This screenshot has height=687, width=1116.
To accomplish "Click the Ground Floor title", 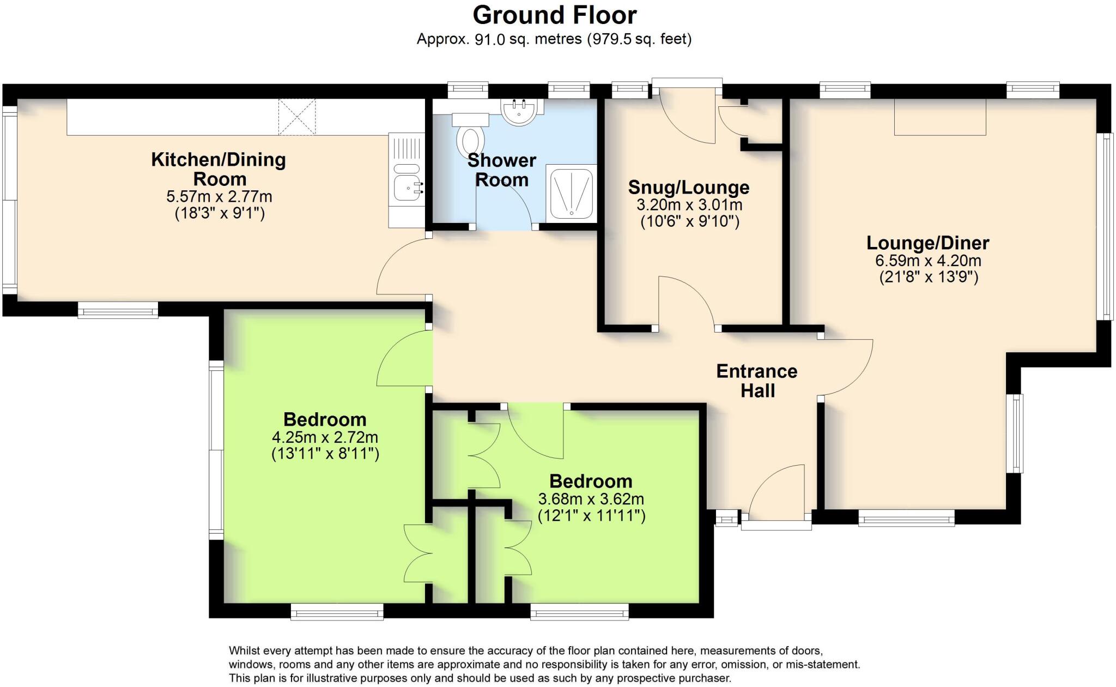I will pos(554,15).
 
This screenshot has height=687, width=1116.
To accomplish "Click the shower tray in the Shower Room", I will pos(571,194).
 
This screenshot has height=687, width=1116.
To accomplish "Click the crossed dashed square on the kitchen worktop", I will pos(297,117).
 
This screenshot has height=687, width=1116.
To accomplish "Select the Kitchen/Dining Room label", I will pos(219,169).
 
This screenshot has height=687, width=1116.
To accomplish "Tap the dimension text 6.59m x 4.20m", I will pos(928,261).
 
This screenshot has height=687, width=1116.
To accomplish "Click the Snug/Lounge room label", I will pos(688,188).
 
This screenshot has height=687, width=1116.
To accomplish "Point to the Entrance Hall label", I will pos(757,381).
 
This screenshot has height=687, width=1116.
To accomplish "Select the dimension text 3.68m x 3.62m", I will pos(591,499).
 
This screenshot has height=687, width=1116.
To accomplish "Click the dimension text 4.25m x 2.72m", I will pos(325,437).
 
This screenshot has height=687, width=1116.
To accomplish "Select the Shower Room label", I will pos(502,170).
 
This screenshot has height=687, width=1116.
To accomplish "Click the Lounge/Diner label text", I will pos(927,243).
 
